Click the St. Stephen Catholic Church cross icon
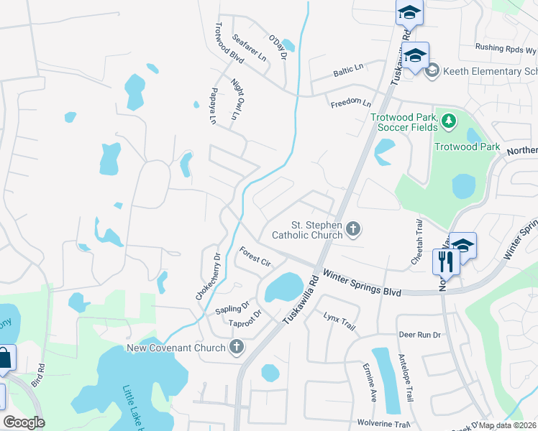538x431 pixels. (352, 229)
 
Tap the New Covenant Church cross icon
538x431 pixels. (236, 348)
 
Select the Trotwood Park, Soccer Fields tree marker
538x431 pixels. (449, 120)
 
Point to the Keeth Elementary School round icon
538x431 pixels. (432, 71)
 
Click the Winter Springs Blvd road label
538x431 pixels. (361, 283)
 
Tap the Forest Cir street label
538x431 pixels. (254, 256)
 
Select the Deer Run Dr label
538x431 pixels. (419, 335)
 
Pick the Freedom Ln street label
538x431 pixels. (351, 103)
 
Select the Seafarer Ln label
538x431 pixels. (250, 49)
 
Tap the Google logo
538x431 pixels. (24, 422)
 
